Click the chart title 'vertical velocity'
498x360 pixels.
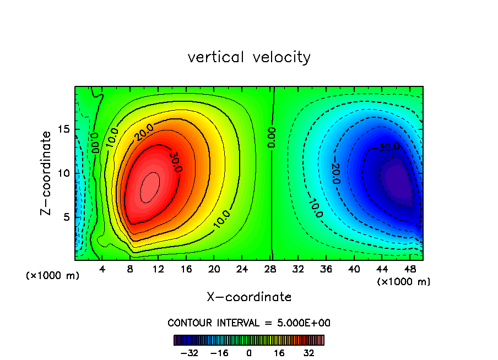tap(249, 57)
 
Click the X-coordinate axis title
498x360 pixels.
tap(249, 297)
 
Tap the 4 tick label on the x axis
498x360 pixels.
tap(102, 269)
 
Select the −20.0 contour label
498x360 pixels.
tap(334, 174)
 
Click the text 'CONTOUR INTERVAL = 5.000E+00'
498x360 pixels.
tap(249, 323)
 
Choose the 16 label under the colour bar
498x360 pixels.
tap(279, 353)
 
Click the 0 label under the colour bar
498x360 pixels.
tap(249, 353)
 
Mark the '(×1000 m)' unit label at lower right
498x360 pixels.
tap(404, 282)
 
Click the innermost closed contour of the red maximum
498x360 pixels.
tap(149, 187)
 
